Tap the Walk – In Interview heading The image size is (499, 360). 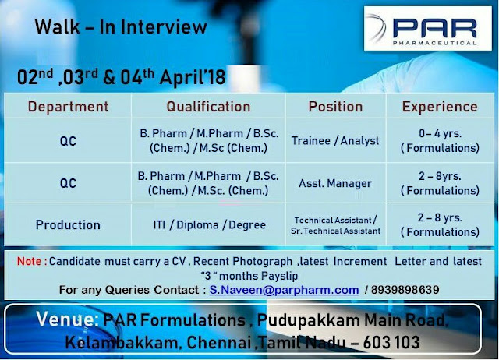tap(121, 27)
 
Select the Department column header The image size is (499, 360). tap(68, 107)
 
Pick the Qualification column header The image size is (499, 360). tap(208, 107)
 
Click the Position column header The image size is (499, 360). tap(335, 107)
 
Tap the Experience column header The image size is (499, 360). tap(440, 107)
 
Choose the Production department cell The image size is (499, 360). tap(68, 225)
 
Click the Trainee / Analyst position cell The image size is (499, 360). tap(335, 141)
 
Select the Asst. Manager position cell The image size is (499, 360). tap(335, 184)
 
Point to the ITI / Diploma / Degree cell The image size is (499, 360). tap(208, 225)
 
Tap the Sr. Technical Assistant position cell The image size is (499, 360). tap(335, 231)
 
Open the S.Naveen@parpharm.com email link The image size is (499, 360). tap(284, 290)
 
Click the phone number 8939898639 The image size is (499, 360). tap(406, 290)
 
